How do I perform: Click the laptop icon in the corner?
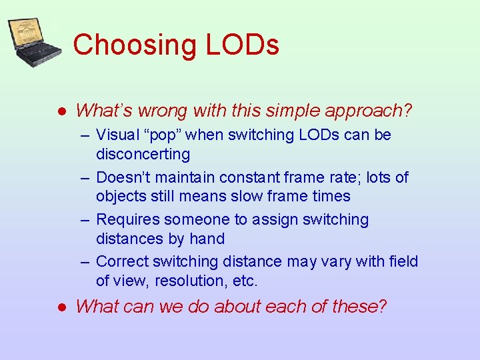point(33,42)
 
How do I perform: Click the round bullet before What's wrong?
point(61,111)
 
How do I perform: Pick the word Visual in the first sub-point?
point(117,135)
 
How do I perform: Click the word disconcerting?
point(143,154)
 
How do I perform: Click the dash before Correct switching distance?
point(86,261)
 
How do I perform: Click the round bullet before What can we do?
point(61,307)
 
